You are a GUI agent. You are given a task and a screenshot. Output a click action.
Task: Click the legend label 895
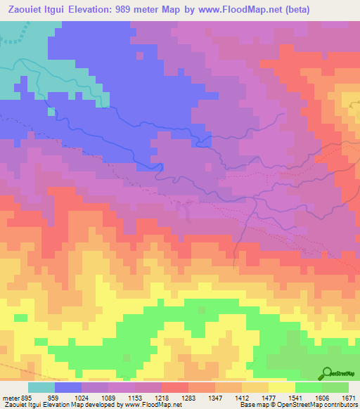(27, 398)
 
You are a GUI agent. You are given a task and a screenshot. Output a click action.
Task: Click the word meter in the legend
(9, 398)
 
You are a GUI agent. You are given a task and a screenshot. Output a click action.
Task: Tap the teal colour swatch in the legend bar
(41, 387)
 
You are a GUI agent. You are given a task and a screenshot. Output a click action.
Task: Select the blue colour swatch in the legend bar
(68, 387)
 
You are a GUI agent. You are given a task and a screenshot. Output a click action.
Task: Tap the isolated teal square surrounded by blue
(51, 111)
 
